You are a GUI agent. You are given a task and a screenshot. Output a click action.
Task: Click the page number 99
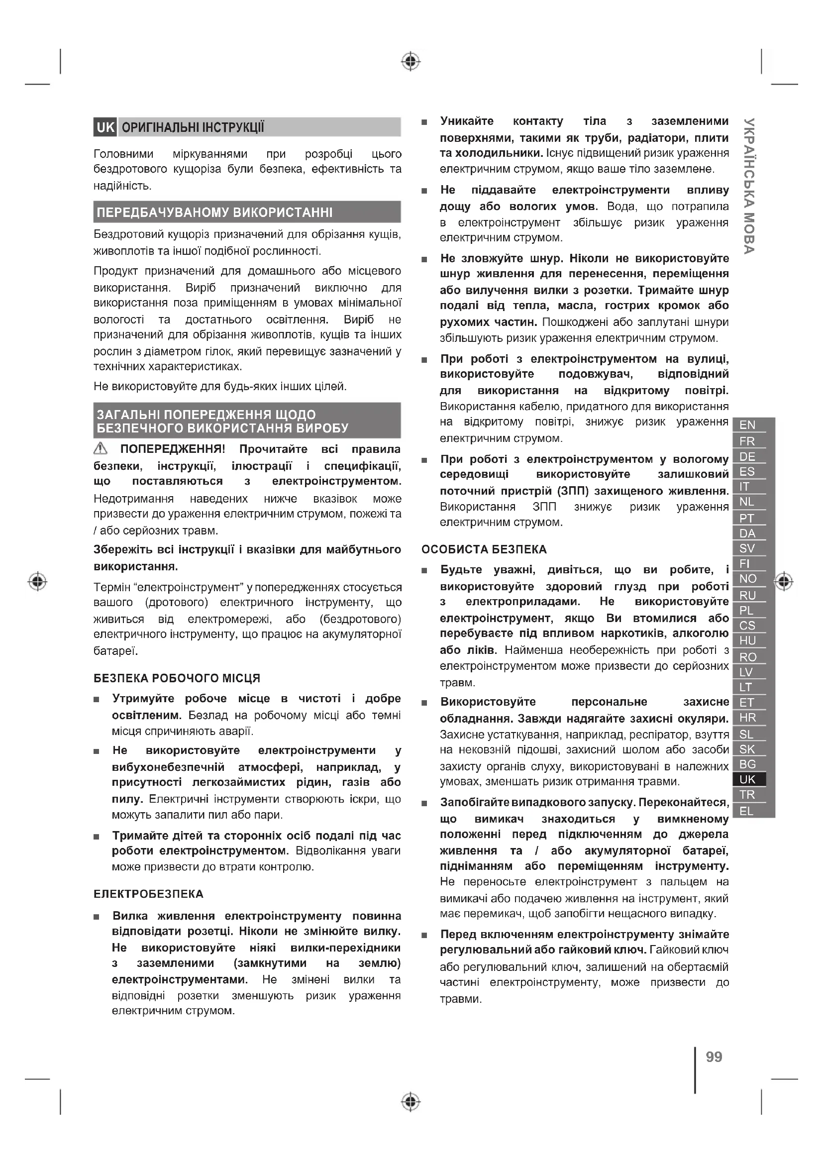tap(714, 1057)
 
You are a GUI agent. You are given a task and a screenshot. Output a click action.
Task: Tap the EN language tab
tap(747, 425)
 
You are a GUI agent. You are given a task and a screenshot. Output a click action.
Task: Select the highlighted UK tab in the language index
tap(747, 779)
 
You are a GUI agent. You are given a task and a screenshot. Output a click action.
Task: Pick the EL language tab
tap(746, 811)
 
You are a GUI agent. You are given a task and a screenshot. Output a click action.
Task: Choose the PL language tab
tap(746, 611)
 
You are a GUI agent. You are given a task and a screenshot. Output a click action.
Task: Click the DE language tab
tap(747, 456)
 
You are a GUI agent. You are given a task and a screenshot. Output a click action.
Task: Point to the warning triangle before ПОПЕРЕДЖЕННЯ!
tap(101, 448)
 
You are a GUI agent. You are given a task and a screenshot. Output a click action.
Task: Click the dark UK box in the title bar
tap(105, 127)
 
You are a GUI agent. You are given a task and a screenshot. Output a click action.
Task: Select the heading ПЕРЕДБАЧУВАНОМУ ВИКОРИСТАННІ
tap(215, 212)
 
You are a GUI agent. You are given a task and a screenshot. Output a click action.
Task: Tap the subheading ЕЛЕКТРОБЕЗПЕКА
tap(148, 894)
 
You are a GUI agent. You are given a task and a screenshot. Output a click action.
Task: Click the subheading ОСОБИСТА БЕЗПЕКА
tap(484, 549)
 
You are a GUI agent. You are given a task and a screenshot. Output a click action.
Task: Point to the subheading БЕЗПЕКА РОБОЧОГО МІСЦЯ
tap(177, 678)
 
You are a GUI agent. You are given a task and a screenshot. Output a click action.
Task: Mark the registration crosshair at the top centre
tap(411, 62)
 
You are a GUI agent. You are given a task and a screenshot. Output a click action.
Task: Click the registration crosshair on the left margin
tap(37, 581)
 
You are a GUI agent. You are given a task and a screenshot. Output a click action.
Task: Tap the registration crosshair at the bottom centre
tap(411, 1102)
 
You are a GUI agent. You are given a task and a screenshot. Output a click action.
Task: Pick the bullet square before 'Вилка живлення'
tap(97, 917)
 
